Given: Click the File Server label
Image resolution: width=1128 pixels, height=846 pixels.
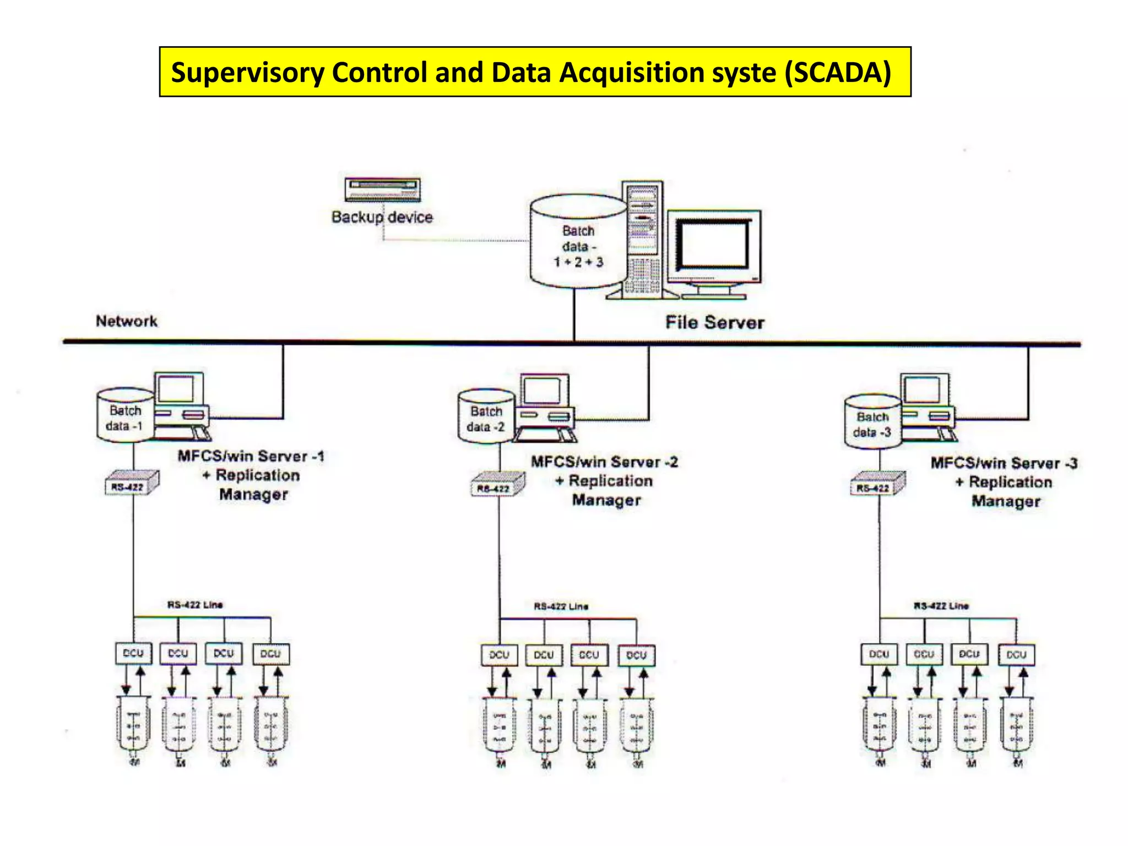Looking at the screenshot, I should [714, 322].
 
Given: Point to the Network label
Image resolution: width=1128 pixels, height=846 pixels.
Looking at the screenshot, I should [127, 321].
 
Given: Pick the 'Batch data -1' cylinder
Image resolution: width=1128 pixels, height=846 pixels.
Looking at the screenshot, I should [125, 416].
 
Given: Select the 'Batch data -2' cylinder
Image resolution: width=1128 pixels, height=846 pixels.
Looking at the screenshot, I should [486, 417].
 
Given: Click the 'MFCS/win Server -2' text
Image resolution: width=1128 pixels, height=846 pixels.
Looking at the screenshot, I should [604, 462].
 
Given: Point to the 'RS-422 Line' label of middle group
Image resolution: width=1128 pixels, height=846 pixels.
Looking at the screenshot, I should [561, 606].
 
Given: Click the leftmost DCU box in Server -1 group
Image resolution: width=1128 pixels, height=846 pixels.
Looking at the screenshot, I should [133, 653].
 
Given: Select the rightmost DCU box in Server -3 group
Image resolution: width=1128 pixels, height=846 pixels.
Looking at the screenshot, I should [1016, 654].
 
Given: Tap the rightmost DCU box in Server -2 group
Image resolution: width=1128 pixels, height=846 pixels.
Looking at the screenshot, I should [636, 655].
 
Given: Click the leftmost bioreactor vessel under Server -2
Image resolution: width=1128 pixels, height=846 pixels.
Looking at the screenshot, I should [499, 726].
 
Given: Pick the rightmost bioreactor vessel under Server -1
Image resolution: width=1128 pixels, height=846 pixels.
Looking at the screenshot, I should [271, 724].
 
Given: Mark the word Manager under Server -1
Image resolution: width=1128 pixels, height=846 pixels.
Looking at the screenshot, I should [253, 495].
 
